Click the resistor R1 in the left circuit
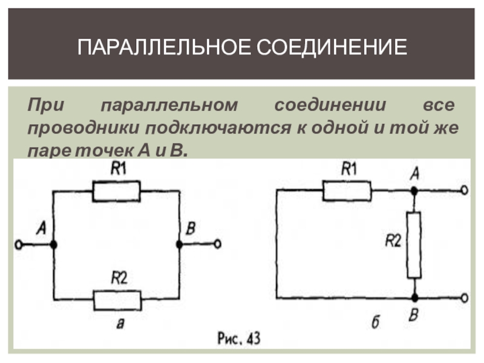(116, 191)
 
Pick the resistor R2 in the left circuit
(116, 298)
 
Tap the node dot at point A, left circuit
(54, 244)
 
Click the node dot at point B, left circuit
(179, 244)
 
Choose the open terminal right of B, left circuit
(218, 244)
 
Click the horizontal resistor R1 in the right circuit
(347, 191)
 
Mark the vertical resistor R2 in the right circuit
(414, 244)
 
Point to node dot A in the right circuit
(414, 191)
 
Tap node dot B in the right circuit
(414, 298)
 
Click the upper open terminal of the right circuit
(464, 191)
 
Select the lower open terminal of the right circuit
(464, 298)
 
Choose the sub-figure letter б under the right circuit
(375, 323)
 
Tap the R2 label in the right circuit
(393, 241)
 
